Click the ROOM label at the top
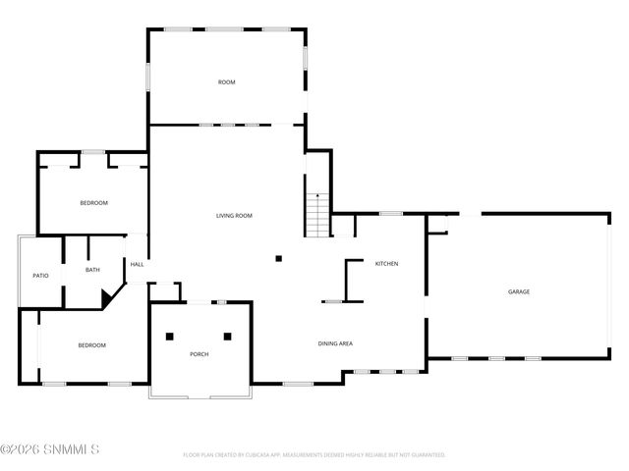[x=226, y=82]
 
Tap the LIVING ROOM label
[x=235, y=215]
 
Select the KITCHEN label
[x=386, y=263]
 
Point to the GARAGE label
[x=519, y=291]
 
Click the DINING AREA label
[x=335, y=343]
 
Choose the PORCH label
[x=200, y=354]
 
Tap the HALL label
[x=138, y=263]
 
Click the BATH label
[x=92, y=270]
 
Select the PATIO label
[x=41, y=276]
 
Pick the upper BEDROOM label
[x=93, y=202]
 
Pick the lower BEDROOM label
[x=92, y=345]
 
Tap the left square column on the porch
[x=171, y=336]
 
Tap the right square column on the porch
[x=228, y=336]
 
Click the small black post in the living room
[x=279, y=259]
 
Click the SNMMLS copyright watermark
[x=50, y=451]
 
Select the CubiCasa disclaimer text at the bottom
[x=314, y=455]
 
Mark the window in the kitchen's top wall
[x=391, y=213]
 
